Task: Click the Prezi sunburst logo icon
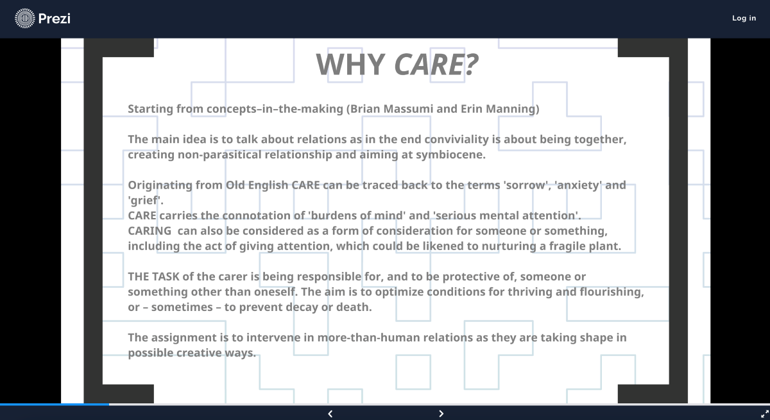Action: coord(25,18)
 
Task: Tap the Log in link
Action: coord(744,18)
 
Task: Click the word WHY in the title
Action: coord(350,64)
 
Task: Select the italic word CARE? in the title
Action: coord(436,64)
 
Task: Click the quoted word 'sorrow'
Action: coord(526,185)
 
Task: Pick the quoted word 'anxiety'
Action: coord(578,185)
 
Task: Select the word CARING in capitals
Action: coord(150,231)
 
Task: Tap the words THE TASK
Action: coord(153,276)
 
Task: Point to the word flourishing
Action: coord(610,292)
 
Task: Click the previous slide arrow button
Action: coord(330,414)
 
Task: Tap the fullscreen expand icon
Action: coord(764,414)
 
